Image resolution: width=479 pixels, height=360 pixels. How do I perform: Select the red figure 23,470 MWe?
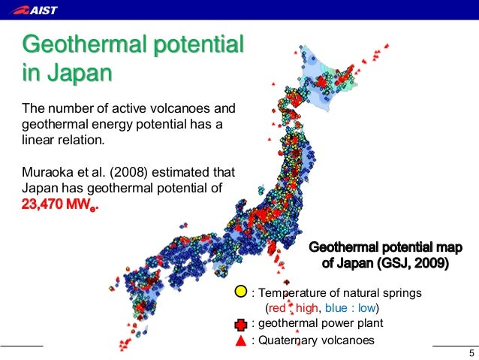click(61, 204)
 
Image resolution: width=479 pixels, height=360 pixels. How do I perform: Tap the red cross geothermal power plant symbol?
click(240, 324)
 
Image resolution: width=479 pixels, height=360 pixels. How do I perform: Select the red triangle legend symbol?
click(240, 340)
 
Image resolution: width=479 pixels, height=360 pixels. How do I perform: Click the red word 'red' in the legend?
click(277, 308)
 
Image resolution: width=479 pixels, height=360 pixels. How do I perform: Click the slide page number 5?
click(471, 354)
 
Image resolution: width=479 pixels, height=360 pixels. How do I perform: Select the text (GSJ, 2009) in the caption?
click(409, 263)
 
